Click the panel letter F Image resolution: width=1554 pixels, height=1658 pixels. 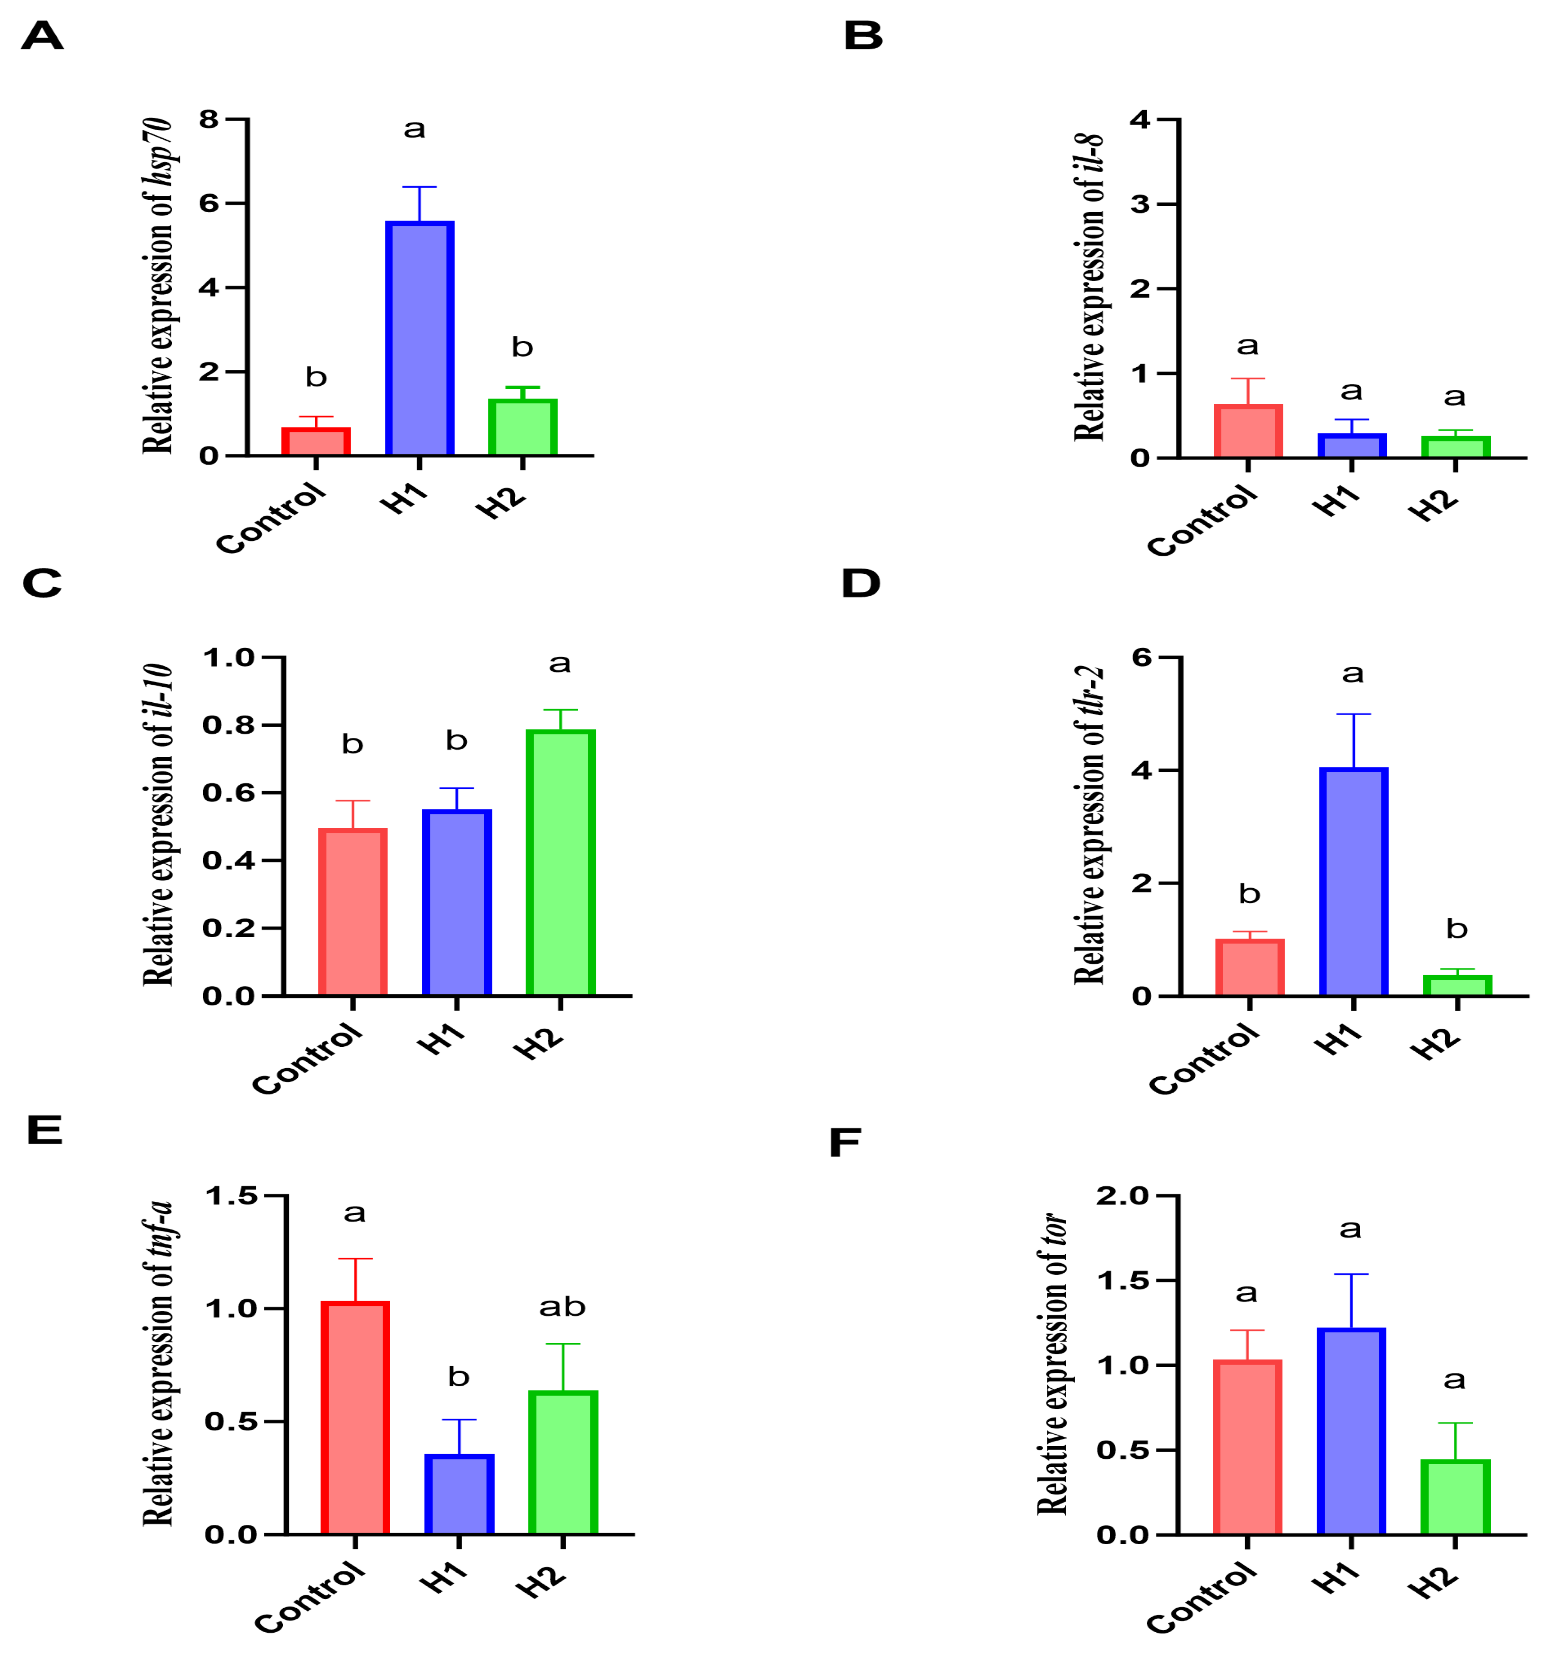tap(845, 1143)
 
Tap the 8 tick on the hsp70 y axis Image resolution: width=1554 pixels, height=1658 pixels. tap(208, 119)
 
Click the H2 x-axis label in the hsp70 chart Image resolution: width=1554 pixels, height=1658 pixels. tap(501, 502)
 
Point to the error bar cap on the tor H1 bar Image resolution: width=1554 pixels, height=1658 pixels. tap(1351, 1274)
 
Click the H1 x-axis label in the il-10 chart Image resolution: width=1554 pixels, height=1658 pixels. tap(440, 1039)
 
